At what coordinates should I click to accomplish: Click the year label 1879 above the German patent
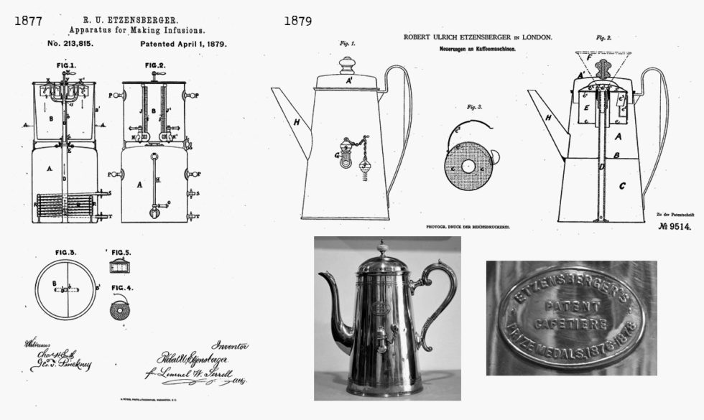click(297, 21)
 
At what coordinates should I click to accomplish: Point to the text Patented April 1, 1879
click(183, 44)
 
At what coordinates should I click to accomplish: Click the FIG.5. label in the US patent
click(124, 253)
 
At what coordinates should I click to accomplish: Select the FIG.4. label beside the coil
click(124, 289)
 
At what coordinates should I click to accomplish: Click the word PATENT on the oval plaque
click(571, 306)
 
